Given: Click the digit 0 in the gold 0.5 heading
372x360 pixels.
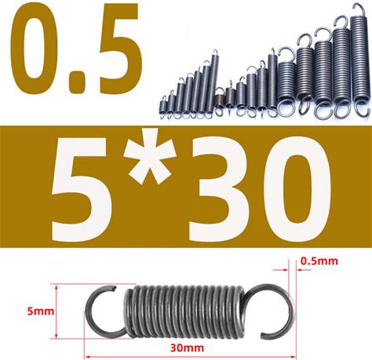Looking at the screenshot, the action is tap(34, 49).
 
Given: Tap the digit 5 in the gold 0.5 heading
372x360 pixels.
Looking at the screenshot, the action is tap(113, 49).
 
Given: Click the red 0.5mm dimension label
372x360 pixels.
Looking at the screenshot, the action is tap(319, 261).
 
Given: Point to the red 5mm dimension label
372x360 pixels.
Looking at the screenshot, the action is tap(41, 311).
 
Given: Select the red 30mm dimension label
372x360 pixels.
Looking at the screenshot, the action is tap(187, 348).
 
